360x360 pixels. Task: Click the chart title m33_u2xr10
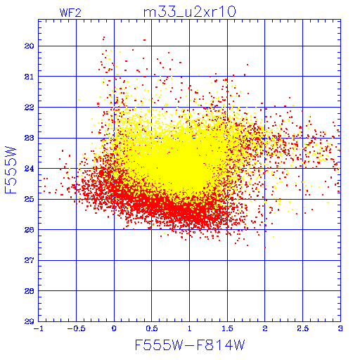[x=189, y=12]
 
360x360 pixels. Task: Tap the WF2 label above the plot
[x=70, y=13]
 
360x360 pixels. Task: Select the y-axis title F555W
[x=11, y=170]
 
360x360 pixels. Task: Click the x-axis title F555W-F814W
[x=190, y=345]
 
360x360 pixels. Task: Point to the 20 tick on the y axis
[x=29, y=46]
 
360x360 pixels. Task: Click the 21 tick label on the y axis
[x=29, y=77]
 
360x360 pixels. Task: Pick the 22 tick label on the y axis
[x=29, y=108]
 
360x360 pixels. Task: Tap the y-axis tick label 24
[x=29, y=169]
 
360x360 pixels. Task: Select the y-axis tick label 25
[x=29, y=199]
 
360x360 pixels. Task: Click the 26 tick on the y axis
[x=29, y=230]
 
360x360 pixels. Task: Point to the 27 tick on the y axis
[x=29, y=260]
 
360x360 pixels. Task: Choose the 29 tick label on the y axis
[x=29, y=321]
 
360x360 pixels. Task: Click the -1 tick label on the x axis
[x=38, y=328]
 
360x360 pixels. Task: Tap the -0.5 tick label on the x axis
[x=76, y=328]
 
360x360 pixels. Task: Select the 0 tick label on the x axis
[x=114, y=328]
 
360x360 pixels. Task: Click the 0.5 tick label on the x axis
[x=152, y=328]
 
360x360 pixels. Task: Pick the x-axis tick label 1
[x=190, y=328]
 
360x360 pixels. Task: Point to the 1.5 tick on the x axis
[x=227, y=328]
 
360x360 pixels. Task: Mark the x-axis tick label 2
[x=265, y=328]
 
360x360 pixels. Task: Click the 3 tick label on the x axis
[x=340, y=328]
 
